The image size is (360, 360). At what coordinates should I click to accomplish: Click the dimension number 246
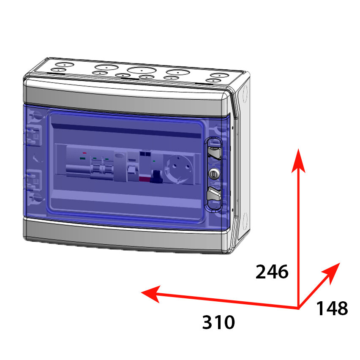(272, 272)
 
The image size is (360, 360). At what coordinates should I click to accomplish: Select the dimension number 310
(218, 322)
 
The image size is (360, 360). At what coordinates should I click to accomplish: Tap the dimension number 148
(332, 308)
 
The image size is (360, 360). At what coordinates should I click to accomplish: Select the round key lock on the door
(214, 172)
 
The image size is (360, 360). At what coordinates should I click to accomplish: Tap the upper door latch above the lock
(214, 151)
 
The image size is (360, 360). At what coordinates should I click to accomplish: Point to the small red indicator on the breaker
(85, 153)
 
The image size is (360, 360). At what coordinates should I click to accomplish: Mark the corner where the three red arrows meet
(299, 307)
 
